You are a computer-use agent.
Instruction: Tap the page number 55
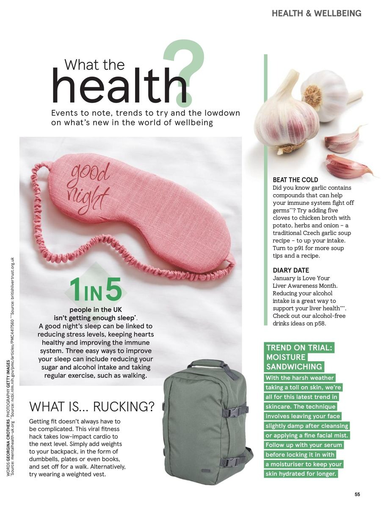[357, 494]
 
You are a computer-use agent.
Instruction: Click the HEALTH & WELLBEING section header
[316, 14]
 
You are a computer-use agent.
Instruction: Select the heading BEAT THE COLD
[295, 180]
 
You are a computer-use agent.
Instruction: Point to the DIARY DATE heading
[291, 270]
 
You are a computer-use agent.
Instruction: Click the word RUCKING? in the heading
[124, 407]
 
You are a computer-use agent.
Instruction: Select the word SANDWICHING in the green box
[294, 366]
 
